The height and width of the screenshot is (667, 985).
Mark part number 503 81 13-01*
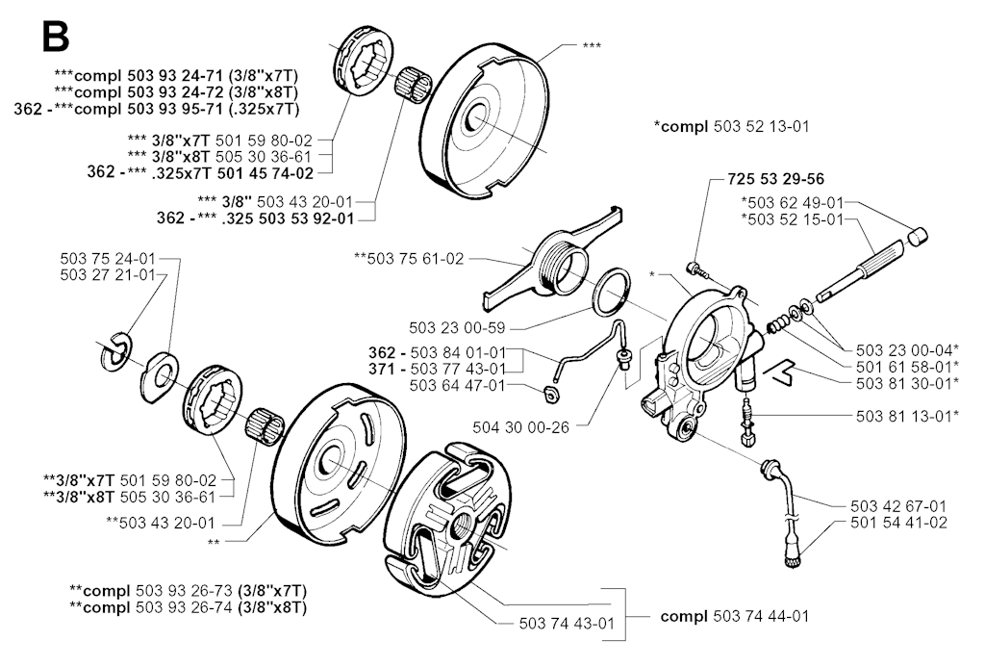tap(905, 417)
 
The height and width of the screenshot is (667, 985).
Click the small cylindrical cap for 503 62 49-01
tap(920, 234)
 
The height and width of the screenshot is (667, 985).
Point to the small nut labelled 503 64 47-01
tap(551, 393)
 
